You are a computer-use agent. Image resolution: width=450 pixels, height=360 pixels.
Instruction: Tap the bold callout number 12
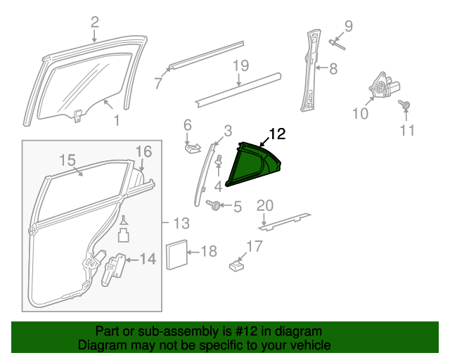(277, 134)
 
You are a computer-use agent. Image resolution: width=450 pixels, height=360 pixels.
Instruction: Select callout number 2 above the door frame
(95, 22)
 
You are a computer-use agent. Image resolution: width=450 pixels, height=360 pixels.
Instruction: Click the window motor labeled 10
(384, 85)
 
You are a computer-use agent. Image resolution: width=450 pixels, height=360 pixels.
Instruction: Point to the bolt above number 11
(404, 105)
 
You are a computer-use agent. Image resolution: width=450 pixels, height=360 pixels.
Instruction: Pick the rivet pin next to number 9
(337, 45)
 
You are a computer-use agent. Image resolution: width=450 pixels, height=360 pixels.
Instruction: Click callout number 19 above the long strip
(240, 66)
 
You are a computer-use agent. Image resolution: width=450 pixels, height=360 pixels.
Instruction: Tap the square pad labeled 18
(177, 255)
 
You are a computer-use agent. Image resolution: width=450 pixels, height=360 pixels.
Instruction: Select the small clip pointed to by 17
(237, 266)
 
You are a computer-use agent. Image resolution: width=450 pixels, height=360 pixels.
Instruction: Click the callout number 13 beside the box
(181, 223)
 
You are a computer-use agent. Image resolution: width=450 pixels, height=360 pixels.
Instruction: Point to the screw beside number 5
(213, 205)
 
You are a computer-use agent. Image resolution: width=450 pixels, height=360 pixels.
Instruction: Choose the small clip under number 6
(192, 148)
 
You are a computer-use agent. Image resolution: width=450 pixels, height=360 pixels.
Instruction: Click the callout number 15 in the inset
(67, 160)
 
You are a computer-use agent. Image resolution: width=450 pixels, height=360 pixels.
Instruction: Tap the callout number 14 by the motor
(148, 259)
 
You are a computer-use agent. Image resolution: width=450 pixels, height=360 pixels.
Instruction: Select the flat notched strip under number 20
(285, 222)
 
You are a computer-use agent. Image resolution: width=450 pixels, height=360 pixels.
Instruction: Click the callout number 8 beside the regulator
(333, 69)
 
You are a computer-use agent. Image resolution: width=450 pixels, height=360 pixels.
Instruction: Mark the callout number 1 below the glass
(117, 120)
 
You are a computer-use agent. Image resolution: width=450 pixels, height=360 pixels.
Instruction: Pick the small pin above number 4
(219, 160)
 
